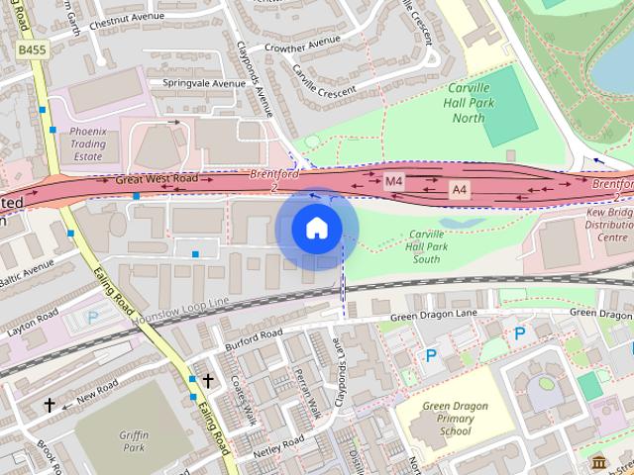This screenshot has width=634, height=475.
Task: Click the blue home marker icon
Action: [x=316, y=229]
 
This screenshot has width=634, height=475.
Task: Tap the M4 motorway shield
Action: [x=394, y=181]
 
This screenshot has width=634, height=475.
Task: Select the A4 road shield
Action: [x=459, y=188]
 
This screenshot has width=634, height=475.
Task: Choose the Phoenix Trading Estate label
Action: [x=87, y=142]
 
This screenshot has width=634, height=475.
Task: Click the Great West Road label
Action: [x=157, y=180]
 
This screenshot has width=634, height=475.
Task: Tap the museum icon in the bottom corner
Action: [x=598, y=462]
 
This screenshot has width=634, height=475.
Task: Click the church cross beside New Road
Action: [x=49, y=405]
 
